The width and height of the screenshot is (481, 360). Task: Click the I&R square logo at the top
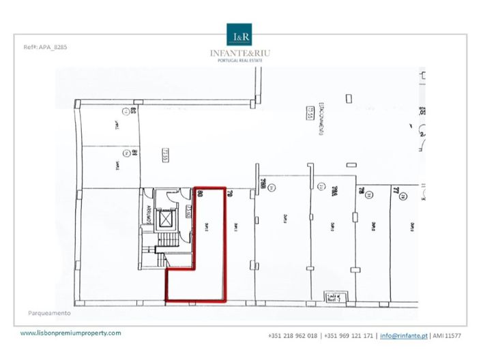240,35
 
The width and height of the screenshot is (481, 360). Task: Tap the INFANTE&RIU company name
240,53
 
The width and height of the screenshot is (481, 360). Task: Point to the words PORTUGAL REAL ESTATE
240,61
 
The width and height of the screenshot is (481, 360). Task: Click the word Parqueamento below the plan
49,314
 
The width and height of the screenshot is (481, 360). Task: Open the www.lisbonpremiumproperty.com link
71,333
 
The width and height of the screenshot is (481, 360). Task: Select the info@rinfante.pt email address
404,335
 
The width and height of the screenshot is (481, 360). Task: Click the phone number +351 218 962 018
293,335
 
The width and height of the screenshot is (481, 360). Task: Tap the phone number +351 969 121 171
349,335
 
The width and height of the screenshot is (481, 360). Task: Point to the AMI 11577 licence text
446,335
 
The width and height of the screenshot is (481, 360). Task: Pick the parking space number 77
395,193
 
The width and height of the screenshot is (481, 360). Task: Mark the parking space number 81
134,154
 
